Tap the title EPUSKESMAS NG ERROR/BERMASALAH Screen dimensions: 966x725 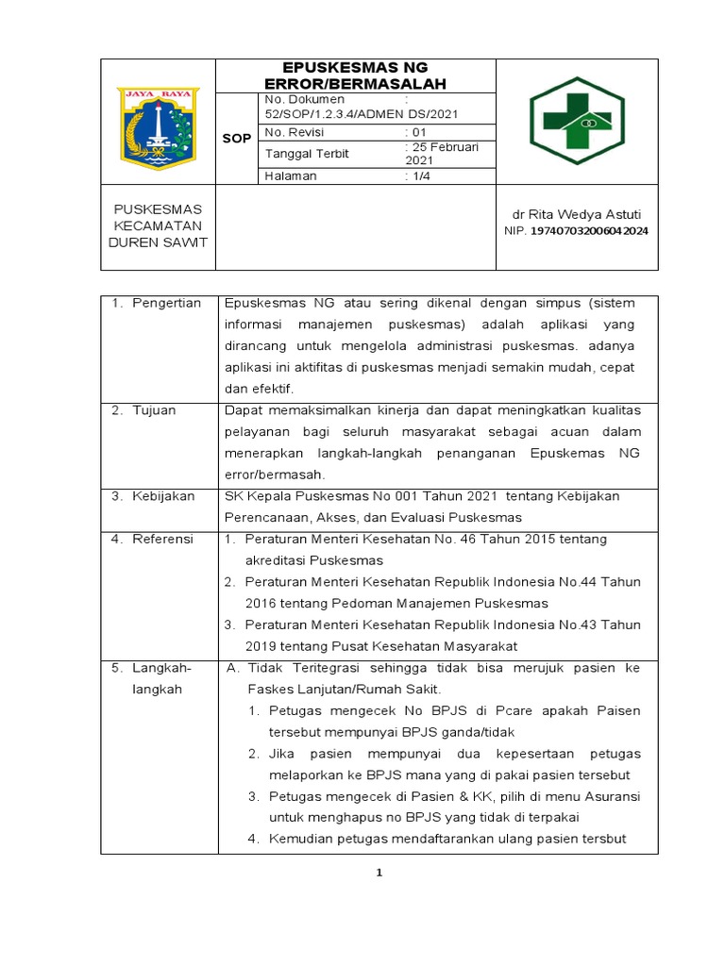[356, 75]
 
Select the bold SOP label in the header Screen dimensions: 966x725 [237, 138]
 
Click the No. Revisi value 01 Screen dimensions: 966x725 [416, 132]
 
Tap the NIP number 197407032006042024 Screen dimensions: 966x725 [589, 231]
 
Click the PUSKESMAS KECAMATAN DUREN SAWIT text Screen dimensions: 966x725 [158, 225]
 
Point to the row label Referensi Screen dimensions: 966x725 [162, 539]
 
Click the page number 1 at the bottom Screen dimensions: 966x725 [379, 874]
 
